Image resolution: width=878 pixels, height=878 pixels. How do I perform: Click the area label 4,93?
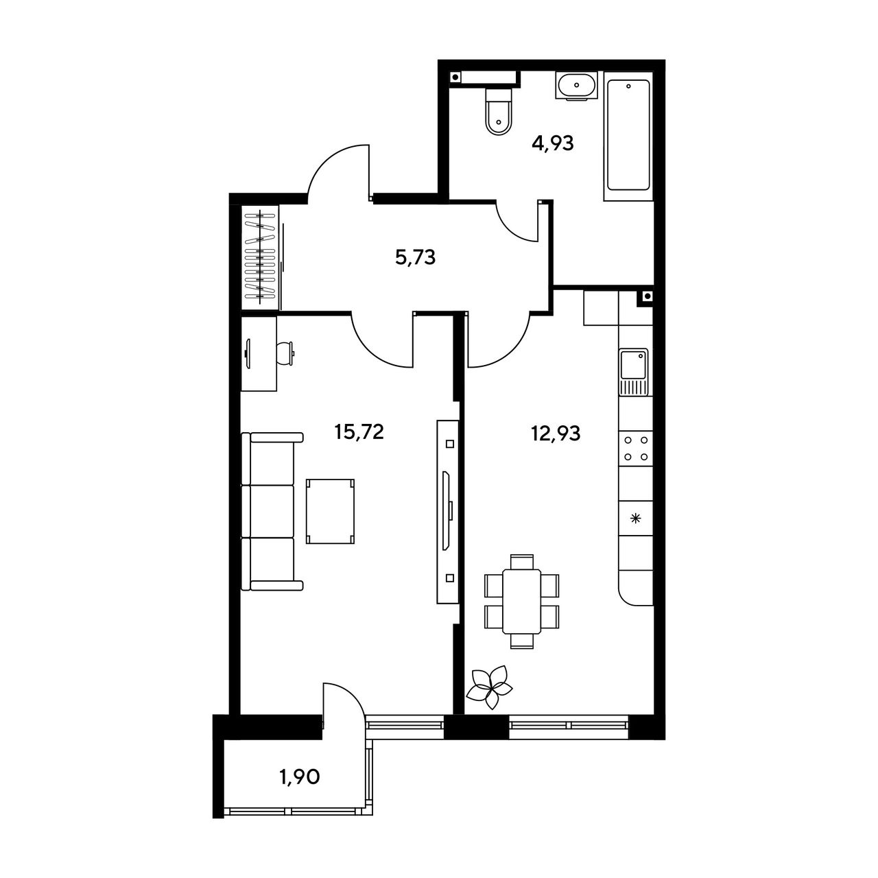[553, 144]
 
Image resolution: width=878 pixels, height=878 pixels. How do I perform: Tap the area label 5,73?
[415, 259]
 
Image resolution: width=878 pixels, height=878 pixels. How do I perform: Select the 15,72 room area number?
[359, 432]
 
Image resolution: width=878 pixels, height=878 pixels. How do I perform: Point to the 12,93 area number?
[556, 434]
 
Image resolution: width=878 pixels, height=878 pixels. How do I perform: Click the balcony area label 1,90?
[300, 777]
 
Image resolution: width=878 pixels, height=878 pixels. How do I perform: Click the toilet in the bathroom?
[499, 111]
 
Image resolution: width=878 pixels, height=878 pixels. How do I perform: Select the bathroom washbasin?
[576, 85]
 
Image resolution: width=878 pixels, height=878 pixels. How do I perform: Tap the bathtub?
[628, 135]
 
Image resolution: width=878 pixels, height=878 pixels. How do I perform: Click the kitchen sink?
[633, 372]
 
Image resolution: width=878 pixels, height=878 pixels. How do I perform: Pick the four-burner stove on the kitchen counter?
[636, 449]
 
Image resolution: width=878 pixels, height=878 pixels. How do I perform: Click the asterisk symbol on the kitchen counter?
[636, 518]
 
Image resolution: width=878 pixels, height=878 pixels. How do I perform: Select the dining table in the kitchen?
[522, 602]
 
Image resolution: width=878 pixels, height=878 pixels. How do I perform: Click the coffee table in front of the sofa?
[331, 511]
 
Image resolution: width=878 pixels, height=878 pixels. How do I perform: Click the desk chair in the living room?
[285, 353]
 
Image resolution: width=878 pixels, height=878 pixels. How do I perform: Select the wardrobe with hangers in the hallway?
[259, 258]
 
